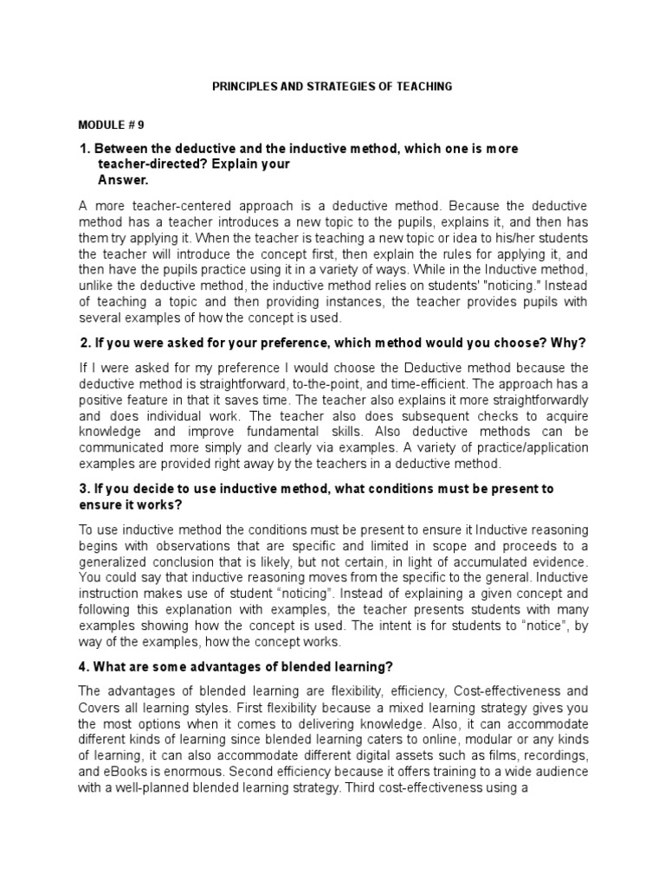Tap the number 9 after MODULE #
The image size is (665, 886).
click(x=139, y=124)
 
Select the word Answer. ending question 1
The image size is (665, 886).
click(x=123, y=180)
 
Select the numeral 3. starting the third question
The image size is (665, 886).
click(x=84, y=489)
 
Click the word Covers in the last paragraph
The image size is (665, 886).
click(x=98, y=706)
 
